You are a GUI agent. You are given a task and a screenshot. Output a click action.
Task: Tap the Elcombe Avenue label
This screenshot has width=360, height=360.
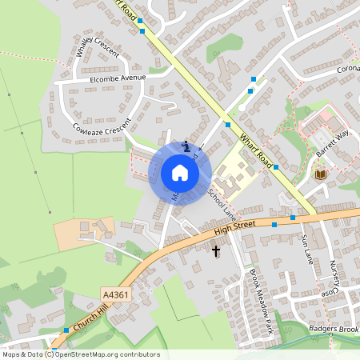(118, 78)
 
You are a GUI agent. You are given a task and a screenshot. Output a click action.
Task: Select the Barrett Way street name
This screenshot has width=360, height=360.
(334, 142)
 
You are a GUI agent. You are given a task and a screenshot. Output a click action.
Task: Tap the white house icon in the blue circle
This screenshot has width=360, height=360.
(179, 172)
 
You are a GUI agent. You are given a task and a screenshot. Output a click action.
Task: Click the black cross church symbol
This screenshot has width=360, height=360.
(215, 251)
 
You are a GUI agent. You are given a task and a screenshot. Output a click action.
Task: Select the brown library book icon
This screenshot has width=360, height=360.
(321, 174)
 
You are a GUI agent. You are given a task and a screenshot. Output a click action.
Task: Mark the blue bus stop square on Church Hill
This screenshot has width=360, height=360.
(66, 330)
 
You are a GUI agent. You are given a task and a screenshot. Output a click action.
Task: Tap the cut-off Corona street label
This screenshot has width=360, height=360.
(347, 69)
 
